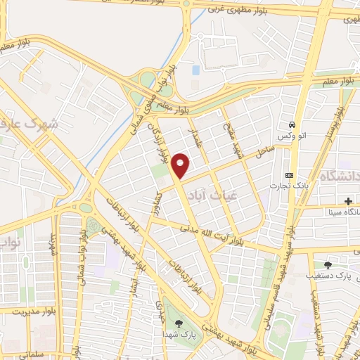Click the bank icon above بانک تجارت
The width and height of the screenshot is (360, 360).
coord(289,175)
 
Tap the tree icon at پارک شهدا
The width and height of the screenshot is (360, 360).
coord(179,323)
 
